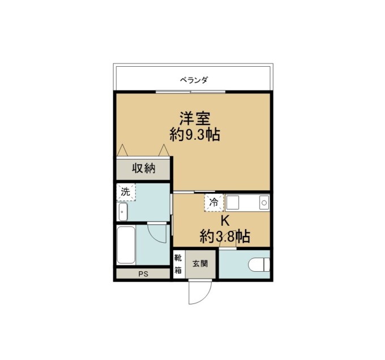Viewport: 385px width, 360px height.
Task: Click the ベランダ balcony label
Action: [x=194, y=80]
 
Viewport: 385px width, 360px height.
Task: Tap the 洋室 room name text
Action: [x=195, y=118]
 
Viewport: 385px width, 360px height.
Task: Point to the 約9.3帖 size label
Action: [x=195, y=135]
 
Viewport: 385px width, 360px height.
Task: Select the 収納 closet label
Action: [x=144, y=169]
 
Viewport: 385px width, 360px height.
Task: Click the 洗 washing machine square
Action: [x=126, y=192]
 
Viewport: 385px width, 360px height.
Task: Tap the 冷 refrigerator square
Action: [x=214, y=203]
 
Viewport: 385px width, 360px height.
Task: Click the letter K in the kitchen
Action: [x=225, y=221]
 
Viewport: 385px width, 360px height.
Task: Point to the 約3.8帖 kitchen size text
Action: [x=225, y=236]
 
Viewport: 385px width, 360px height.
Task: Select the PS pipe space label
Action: [x=143, y=274]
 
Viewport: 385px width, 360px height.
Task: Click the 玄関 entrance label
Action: [x=200, y=264]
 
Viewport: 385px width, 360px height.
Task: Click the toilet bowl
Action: [x=259, y=265]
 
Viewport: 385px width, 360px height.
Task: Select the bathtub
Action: [x=126, y=245]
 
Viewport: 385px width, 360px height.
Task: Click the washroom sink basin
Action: [x=123, y=212]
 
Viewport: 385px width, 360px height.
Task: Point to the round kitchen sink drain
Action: [x=264, y=203]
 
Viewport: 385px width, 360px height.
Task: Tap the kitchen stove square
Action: [x=233, y=203]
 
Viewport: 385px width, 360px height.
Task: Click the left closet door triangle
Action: [x=122, y=150]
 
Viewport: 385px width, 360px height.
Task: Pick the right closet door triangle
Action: [x=164, y=150]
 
